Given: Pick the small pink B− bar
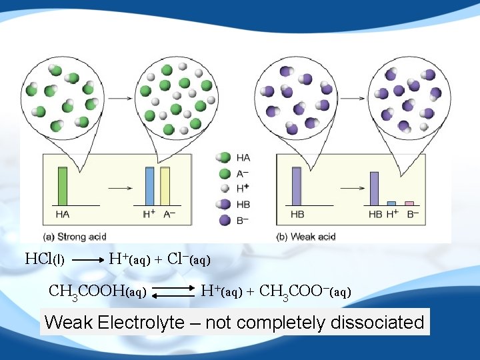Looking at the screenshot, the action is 409,203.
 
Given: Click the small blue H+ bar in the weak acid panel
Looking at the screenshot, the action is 391,203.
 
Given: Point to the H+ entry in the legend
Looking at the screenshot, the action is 235,189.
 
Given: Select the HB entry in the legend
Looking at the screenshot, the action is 235,204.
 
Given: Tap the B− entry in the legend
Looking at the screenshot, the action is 235,219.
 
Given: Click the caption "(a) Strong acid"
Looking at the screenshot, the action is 75,236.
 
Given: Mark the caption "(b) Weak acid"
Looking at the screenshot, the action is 306,236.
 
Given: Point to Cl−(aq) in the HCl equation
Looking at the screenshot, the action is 189,259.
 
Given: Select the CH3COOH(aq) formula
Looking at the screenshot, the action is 98,291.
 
